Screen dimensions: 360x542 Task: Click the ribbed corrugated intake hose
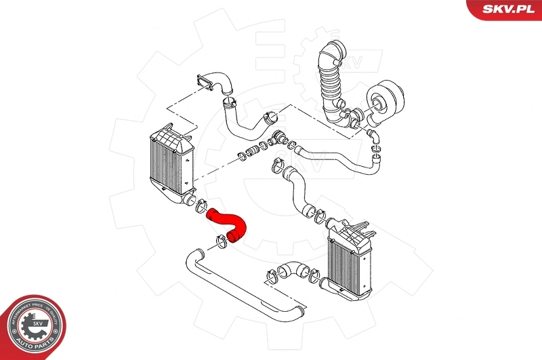point(330,88)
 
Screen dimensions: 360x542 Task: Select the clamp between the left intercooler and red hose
point(201,207)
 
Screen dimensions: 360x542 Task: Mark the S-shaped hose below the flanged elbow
point(243,119)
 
